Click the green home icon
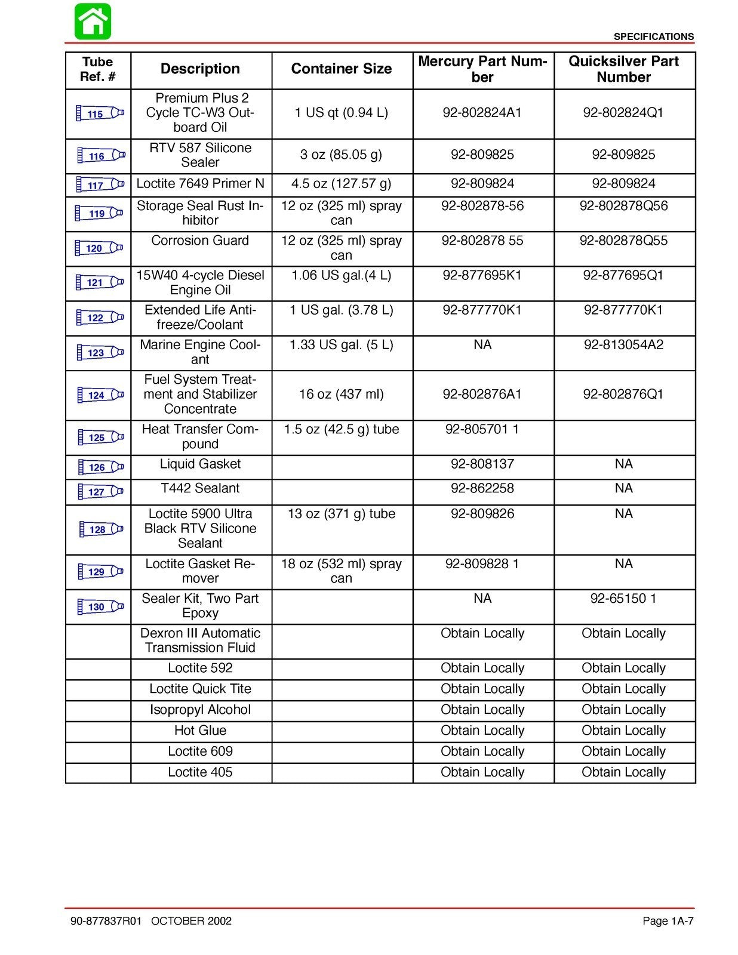click(x=93, y=21)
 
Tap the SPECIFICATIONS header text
click(x=653, y=36)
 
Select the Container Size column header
click(x=341, y=69)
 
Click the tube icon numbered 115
click(x=100, y=113)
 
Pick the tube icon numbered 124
click(x=100, y=395)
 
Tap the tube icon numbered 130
click(x=100, y=607)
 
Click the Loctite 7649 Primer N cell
click(x=200, y=184)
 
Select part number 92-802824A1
click(x=482, y=113)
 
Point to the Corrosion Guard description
click(x=200, y=241)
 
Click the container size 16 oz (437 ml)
click(x=341, y=394)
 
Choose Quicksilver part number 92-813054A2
click(x=623, y=345)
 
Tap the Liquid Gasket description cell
click(x=200, y=464)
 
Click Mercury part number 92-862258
click(x=482, y=488)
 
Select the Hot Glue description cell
click(x=200, y=731)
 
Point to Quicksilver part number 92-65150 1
click(x=623, y=599)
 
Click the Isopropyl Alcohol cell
click(x=200, y=710)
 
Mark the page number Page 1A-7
click(x=668, y=921)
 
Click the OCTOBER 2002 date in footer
click(x=191, y=921)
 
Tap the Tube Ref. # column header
click(x=97, y=69)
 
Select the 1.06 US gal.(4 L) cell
click(x=341, y=276)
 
